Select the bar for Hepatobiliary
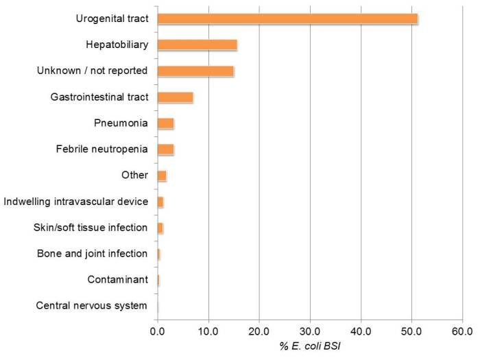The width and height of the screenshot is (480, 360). click(197, 45)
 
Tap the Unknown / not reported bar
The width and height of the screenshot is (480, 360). click(195, 71)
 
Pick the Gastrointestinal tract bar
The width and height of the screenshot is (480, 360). click(175, 97)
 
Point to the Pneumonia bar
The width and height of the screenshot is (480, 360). click(165, 123)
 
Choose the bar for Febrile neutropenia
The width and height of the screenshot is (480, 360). click(165, 149)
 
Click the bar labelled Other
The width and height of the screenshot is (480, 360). click(162, 176)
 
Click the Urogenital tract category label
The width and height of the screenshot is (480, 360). click(112, 19)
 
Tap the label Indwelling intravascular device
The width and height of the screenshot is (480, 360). click(75, 201)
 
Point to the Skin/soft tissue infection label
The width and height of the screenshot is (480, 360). click(90, 227)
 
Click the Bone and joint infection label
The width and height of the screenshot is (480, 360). click(92, 254)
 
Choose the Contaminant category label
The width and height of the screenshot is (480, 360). click(117, 280)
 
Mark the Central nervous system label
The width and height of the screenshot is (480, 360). click(91, 306)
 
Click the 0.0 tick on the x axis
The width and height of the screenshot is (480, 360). click(157, 331)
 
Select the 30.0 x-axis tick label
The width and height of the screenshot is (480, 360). click(310, 331)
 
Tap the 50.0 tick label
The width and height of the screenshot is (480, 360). click(411, 331)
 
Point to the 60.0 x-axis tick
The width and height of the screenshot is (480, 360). click(462, 331)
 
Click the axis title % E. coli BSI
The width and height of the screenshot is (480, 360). click(311, 346)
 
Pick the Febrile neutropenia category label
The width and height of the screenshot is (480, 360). click(101, 149)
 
